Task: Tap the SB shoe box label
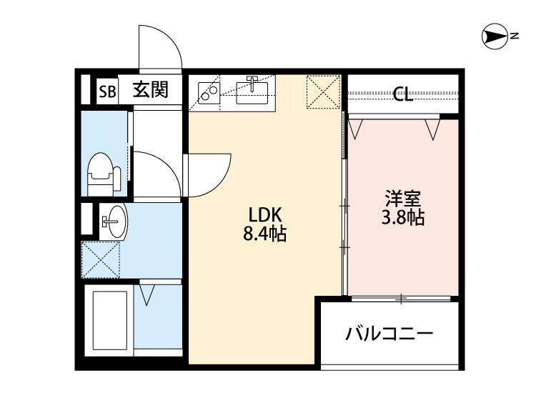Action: tap(108, 91)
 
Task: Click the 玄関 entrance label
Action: tap(151, 90)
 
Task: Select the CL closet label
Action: tap(403, 95)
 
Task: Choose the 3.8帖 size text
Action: tap(402, 218)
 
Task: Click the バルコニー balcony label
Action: tap(389, 334)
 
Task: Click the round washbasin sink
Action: tap(112, 219)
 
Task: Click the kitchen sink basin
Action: tap(252, 91)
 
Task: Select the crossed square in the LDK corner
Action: tap(322, 93)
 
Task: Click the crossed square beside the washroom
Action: tap(100, 259)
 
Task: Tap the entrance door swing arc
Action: tap(159, 47)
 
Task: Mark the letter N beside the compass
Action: tap(513, 36)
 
